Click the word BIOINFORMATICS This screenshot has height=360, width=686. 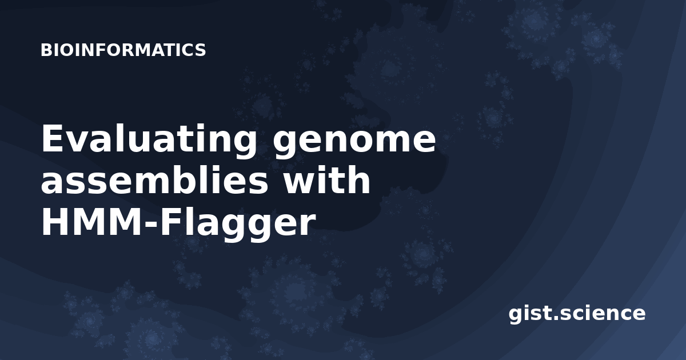[123, 50]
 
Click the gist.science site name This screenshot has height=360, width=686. [577, 314]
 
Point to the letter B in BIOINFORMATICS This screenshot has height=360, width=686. [46, 50]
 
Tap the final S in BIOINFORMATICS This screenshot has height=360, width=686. [201, 50]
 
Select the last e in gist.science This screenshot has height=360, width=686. [638, 314]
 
